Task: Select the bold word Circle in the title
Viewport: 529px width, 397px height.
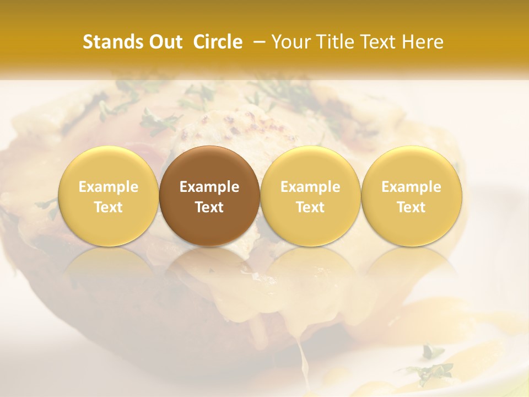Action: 218,42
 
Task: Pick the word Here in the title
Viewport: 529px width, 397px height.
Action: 423,42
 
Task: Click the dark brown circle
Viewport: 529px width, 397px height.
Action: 209,196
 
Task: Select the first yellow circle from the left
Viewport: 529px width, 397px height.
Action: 108,196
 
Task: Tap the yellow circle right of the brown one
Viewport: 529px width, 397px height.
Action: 310,196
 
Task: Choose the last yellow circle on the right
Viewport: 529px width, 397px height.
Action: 412,196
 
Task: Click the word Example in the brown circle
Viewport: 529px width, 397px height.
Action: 209,187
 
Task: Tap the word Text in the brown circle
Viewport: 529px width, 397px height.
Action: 209,207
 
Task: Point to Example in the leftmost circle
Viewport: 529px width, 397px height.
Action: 108,187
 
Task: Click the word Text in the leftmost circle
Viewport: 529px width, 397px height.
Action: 108,207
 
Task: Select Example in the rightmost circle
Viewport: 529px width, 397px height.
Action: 412,187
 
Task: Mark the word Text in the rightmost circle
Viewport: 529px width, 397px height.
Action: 412,207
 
